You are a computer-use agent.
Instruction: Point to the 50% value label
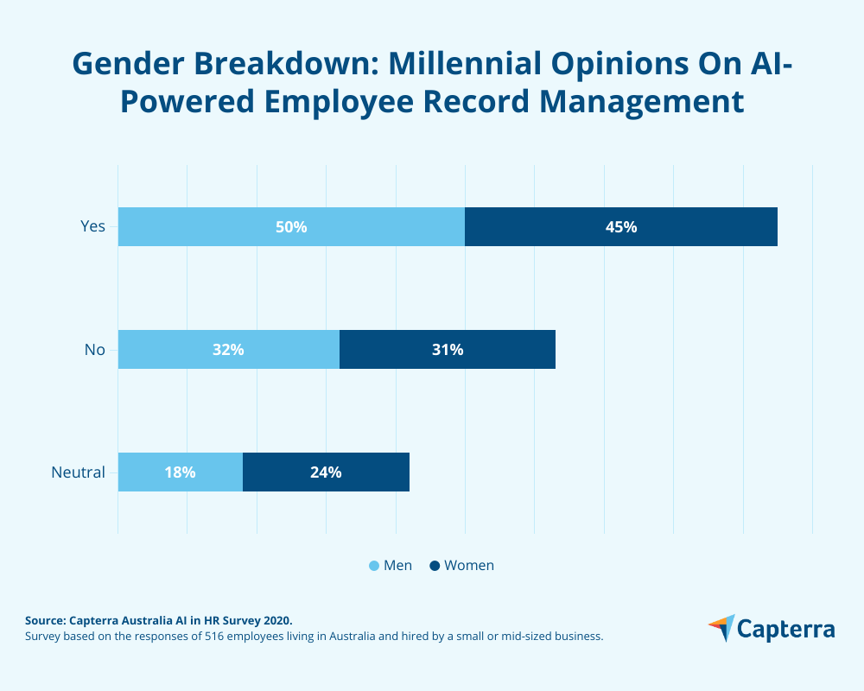tap(291, 227)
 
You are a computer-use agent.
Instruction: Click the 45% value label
tap(621, 227)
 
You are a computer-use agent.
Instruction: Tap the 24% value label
tap(326, 472)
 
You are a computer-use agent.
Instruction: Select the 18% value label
tap(181, 472)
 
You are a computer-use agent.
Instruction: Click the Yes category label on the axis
tap(92, 226)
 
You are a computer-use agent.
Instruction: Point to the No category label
tap(94, 350)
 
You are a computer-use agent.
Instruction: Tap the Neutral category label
tap(78, 472)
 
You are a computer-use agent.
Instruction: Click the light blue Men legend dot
tap(374, 566)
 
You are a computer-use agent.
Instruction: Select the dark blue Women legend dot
tap(435, 566)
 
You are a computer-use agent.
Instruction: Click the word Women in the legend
tap(469, 566)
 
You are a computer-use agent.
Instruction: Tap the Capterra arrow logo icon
tap(721, 628)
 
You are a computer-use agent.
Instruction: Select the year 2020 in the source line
tap(276, 620)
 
